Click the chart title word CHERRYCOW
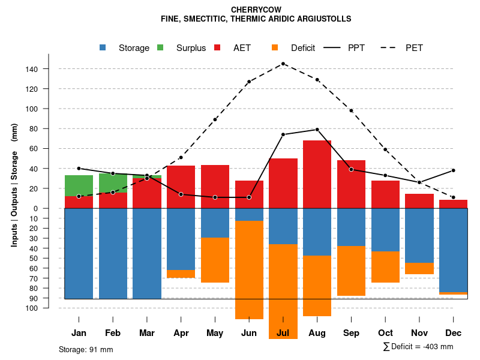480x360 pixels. [x=256, y=10]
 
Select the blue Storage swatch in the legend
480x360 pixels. [x=103, y=47]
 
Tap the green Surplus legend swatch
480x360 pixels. [x=161, y=47]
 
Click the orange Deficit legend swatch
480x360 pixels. [x=275, y=47]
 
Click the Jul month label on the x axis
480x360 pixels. [x=283, y=332]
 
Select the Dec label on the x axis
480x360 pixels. [x=454, y=332]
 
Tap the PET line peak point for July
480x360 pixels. [x=283, y=64]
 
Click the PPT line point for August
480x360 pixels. [x=317, y=130]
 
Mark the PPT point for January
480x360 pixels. [x=79, y=169]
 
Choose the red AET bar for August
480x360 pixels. [x=317, y=174]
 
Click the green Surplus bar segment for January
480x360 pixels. [x=79, y=185]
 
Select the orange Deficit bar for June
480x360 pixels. [x=249, y=270]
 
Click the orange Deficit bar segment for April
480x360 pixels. [x=181, y=274]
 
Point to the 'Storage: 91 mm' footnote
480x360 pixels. [x=86, y=349]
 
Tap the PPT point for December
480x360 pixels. [x=454, y=170]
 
